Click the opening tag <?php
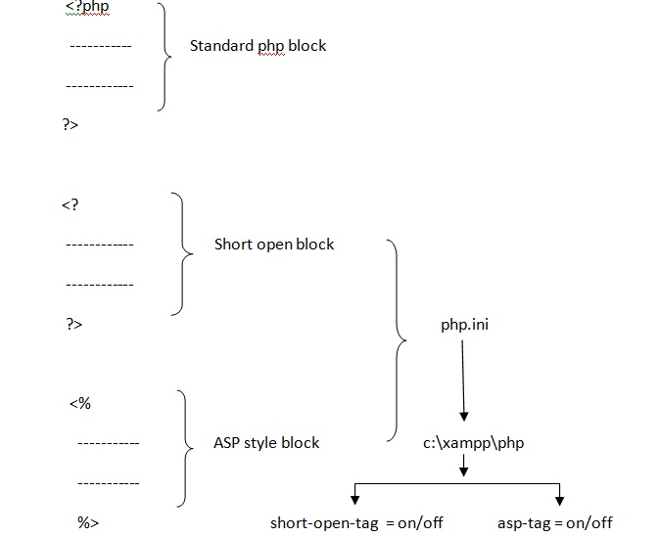pos(87,8)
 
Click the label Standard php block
pos(258,45)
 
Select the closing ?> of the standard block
pos(71,124)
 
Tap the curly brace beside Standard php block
pos(165,56)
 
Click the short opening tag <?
pos(70,204)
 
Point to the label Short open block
pos(274,244)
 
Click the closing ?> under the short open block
pos(74,324)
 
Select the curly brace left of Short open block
pos(182,253)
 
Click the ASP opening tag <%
pos(80,403)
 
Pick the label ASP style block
pos(266,442)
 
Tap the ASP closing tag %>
pos(88,522)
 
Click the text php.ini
pos(464,324)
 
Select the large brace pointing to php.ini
pos(398,339)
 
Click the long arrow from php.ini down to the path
pos(464,381)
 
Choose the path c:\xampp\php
pos(473,443)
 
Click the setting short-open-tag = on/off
pos(356,522)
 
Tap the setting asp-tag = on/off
pos(554,522)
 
